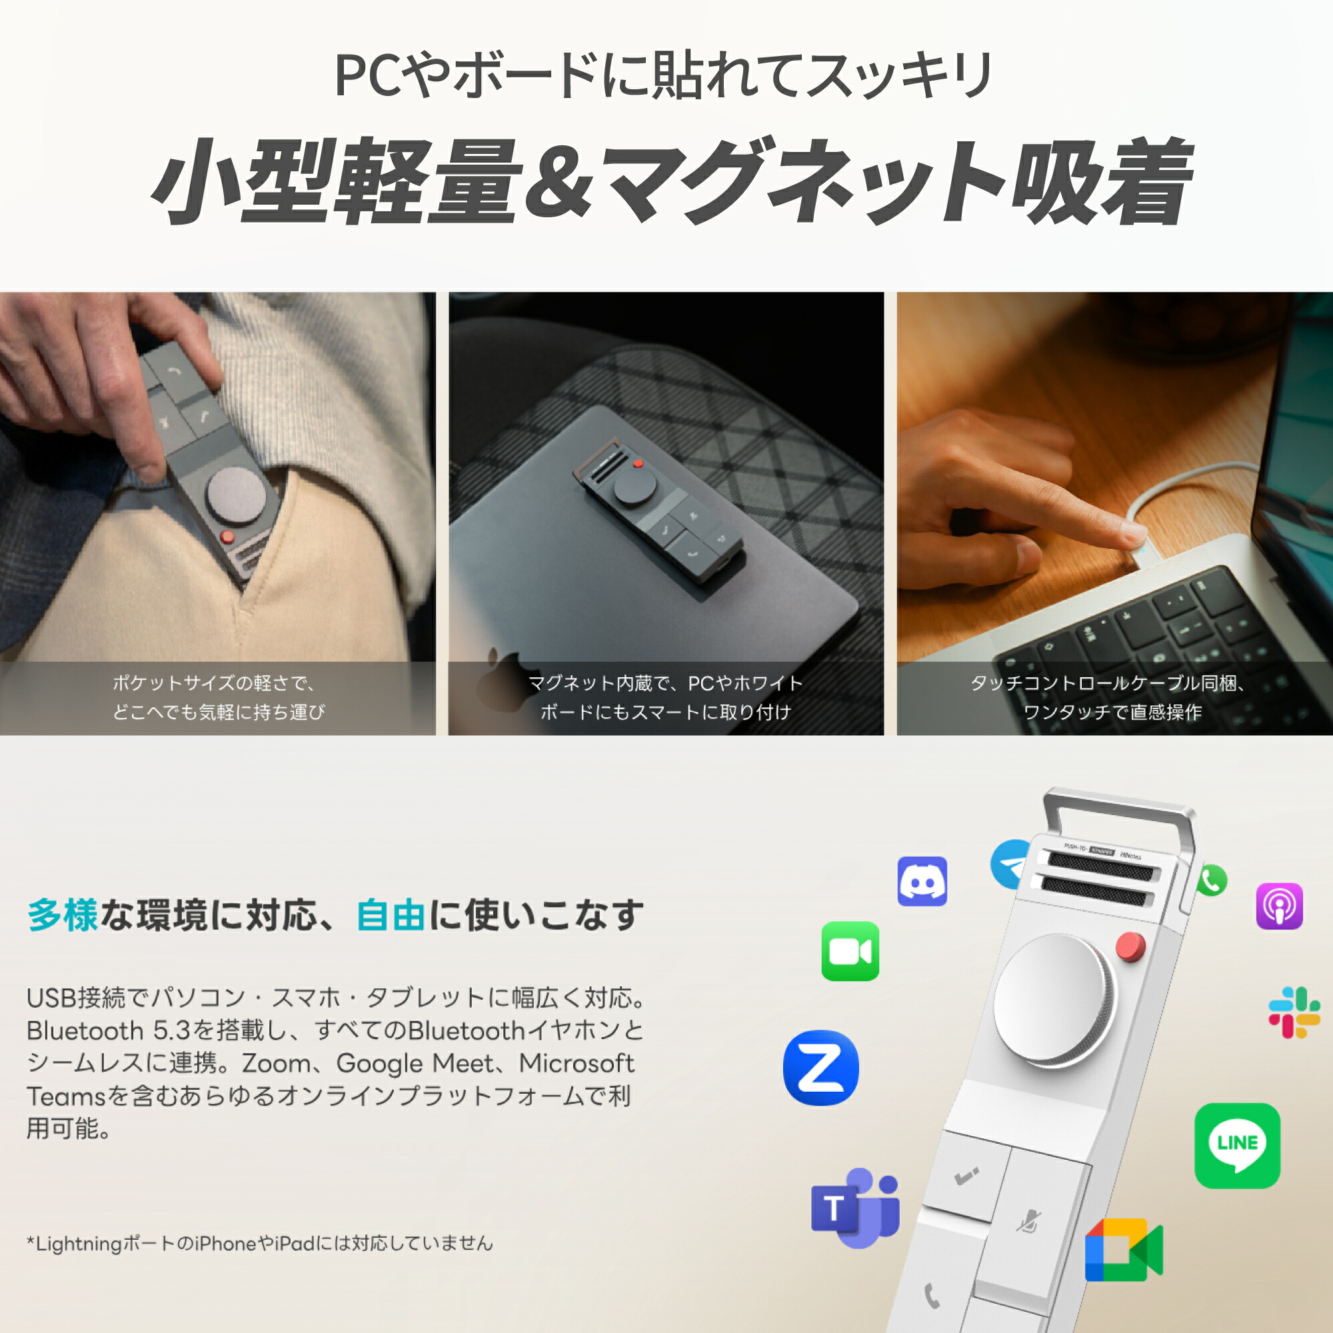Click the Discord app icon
pos(922,881)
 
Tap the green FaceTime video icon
pos(850,951)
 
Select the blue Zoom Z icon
pos(821,1067)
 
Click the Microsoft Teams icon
pos(856,1208)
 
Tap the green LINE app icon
pos(1237,1145)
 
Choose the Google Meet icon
pos(1123,1250)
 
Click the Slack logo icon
pos(1294,1012)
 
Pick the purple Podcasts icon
pos(1279,906)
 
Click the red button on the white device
pos(1130,946)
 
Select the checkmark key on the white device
pos(966,1174)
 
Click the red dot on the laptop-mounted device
pos(639,464)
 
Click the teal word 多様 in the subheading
pos(63,916)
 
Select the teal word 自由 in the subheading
pos(391,916)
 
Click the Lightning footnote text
pos(260,1243)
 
